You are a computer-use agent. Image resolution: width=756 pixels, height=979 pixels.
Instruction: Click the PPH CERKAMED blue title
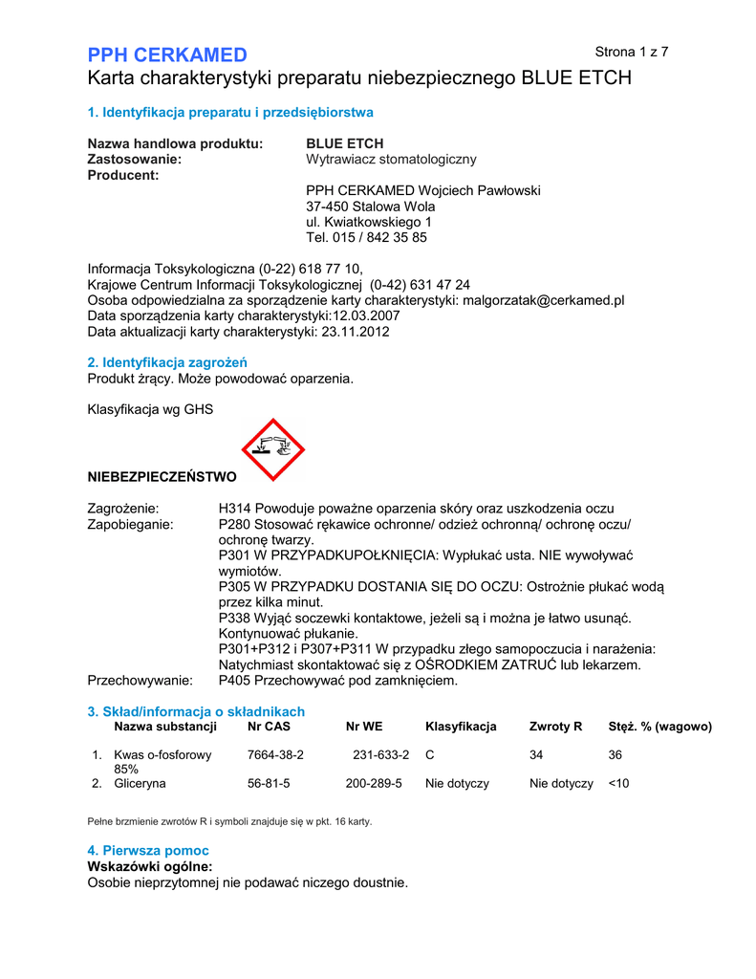coord(167,54)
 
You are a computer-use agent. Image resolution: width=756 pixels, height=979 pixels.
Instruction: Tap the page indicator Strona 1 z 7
coord(631,52)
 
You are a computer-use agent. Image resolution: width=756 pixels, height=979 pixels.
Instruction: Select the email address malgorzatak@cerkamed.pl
coord(543,300)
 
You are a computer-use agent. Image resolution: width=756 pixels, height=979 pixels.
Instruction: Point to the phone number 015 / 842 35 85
coord(380,238)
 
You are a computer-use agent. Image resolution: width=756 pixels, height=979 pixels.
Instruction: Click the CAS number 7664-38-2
coord(275,754)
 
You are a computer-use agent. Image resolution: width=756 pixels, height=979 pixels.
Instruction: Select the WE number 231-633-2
coord(381,754)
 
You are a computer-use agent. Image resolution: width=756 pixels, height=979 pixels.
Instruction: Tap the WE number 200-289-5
coord(374,783)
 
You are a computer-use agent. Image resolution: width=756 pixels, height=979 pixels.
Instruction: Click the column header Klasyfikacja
coord(461,727)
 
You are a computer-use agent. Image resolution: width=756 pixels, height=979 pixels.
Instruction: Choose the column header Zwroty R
coord(555,727)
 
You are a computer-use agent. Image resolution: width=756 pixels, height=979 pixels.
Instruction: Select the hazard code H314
coord(235,508)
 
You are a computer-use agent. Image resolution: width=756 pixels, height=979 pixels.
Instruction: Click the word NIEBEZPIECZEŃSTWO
coord(162,475)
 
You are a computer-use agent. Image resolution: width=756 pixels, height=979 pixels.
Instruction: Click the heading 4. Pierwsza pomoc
coord(148,850)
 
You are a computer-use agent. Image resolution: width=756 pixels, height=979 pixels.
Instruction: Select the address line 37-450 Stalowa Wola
coord(370,207)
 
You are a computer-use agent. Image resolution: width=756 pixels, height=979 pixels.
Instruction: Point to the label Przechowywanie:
coord(140,681)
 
